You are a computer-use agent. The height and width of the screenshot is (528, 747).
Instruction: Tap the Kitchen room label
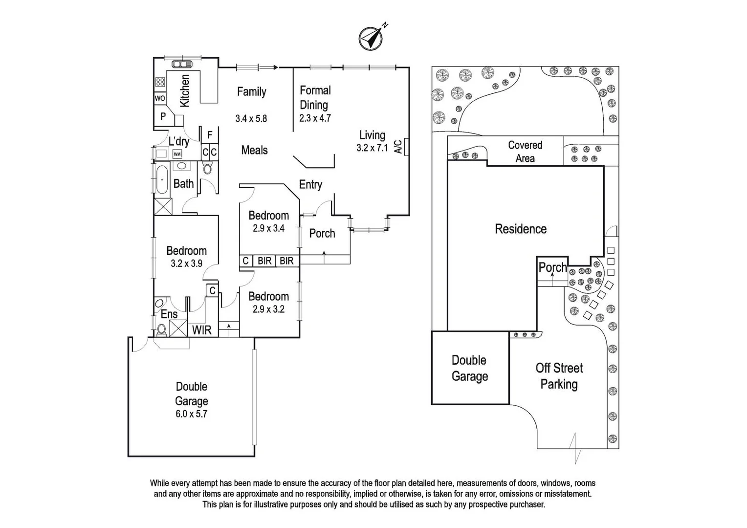point(185,90)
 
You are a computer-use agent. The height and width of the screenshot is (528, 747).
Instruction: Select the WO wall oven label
point(160,98)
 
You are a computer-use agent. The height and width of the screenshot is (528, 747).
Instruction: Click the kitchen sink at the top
point(181,64)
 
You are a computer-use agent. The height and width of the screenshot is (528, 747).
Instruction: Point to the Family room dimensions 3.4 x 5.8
point(251,118)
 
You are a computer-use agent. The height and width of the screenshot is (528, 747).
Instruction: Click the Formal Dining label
point(314,97)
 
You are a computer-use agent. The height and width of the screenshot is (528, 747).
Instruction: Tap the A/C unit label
point(398,146)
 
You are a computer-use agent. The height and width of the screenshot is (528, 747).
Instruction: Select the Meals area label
point(254,150)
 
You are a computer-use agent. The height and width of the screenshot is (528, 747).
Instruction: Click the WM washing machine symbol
point(177,154)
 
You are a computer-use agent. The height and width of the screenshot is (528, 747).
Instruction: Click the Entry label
point(310,184)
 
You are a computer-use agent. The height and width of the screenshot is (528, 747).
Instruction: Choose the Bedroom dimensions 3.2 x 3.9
point(186,264)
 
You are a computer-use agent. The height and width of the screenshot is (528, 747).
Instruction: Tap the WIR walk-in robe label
point(201,330)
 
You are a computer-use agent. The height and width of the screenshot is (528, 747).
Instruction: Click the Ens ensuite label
point(169,314)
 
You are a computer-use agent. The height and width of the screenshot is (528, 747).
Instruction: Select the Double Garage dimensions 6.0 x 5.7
point(191,414)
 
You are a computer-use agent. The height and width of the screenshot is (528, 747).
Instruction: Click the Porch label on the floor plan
point(322,233)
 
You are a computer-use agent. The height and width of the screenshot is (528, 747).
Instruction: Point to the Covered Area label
point(525,152)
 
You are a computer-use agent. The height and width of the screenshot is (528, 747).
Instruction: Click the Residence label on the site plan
point(521,229)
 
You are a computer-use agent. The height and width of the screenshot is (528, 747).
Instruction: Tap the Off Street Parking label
point(559,376)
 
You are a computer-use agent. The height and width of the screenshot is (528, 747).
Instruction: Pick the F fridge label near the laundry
point(210,135)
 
